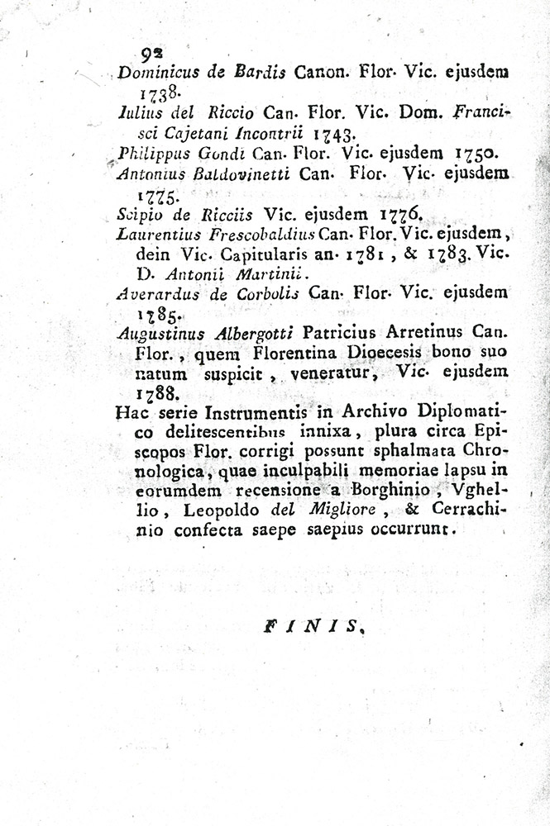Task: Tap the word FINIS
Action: [x=315, y=628]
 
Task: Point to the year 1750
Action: [x=475, y=152]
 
